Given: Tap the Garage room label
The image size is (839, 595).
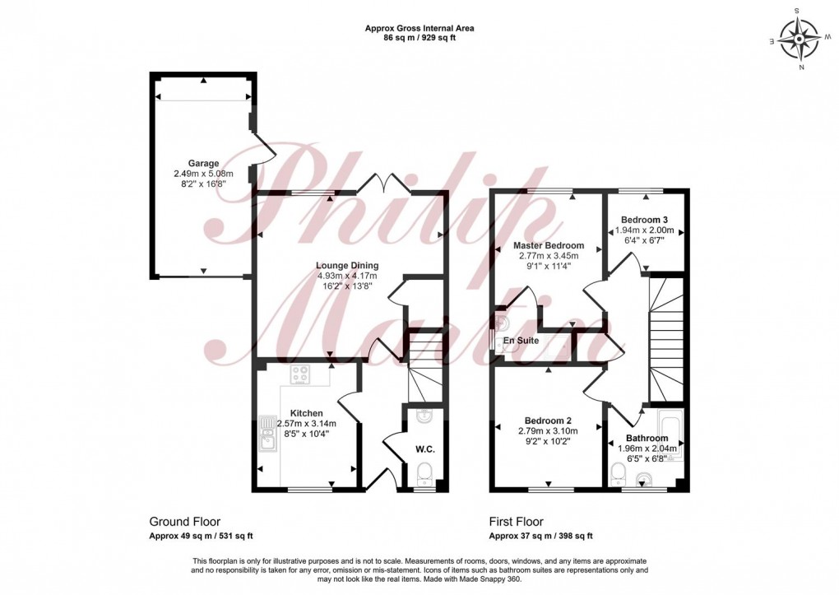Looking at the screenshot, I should click(x=203, y=163).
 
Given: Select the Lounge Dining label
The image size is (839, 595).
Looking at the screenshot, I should click(x=347, y=265).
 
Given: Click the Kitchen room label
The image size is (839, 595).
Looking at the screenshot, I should click(x=306, y=413).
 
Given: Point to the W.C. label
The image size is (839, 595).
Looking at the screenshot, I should click(x=425, y=449).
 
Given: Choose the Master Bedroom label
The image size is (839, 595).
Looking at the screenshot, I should click(x=549, y=245).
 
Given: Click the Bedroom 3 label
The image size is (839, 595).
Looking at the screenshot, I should click(x=644, y=220).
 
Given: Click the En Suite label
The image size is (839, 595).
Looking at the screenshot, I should click(x=532, y=339).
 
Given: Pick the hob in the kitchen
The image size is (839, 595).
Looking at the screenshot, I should click(x=299, y=374).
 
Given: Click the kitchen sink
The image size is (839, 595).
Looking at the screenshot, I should click(x=267, y=440).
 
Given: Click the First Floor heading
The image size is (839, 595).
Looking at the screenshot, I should click(x=516, y=522).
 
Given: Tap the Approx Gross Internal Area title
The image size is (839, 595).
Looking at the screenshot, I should click(x=419, y=28).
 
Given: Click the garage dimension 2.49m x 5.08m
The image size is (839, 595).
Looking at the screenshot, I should click(x=203, y=174).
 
